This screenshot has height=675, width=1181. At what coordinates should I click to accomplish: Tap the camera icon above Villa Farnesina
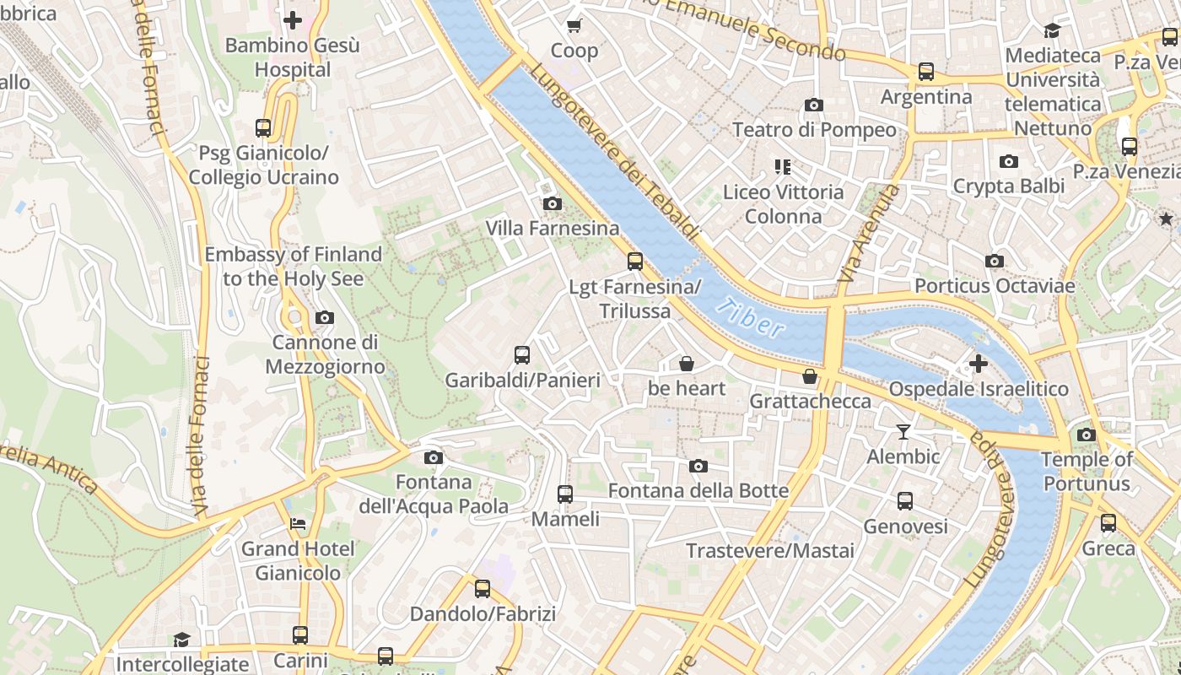click(x=553, y=203)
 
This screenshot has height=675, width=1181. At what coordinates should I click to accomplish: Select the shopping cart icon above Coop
click(x=574, y=26)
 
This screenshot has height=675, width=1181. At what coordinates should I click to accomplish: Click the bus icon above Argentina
click(x=926, y=72)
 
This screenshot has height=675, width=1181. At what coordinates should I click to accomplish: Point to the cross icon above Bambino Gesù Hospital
click(x=293, y=19)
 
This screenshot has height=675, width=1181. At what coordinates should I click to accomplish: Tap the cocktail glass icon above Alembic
click(x=903, y=432)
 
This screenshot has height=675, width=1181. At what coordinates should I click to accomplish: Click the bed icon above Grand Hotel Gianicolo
click(x=298, y=524)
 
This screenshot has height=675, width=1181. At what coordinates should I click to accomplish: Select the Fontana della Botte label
click(x=698, y=490)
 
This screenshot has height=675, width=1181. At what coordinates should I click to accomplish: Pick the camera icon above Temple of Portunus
click(x=1087, y=435)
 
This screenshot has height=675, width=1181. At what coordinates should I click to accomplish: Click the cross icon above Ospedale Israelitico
click(x=978, y=364)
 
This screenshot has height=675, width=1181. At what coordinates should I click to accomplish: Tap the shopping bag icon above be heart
click(x=687, y=364)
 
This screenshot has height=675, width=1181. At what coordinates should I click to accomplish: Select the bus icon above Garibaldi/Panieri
click(x=522, y=355)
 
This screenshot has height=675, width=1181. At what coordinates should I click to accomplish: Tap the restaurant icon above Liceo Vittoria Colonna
click(x=783, y=167)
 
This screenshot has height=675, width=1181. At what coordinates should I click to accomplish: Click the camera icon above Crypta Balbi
click(x=1008, y=161)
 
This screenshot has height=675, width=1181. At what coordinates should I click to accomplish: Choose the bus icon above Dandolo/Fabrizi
click(x=483, y=589)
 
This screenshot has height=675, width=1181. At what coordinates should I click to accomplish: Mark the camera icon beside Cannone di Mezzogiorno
click(x=325, y=318)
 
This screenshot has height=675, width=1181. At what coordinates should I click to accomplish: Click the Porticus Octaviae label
click(x=995, y=286)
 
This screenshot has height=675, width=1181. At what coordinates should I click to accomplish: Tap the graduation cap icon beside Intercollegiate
click(x=182, y=640)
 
